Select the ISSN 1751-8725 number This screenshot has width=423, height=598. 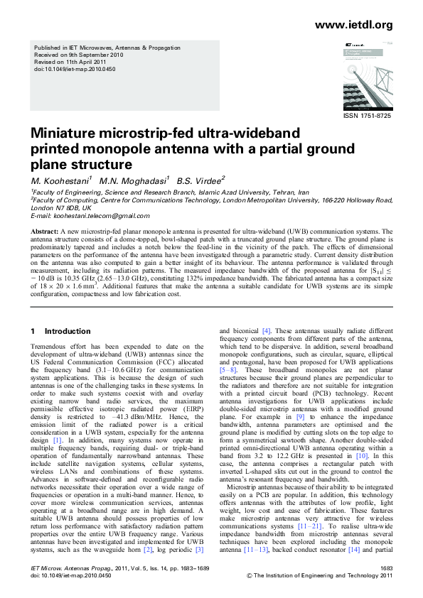point(367,115)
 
